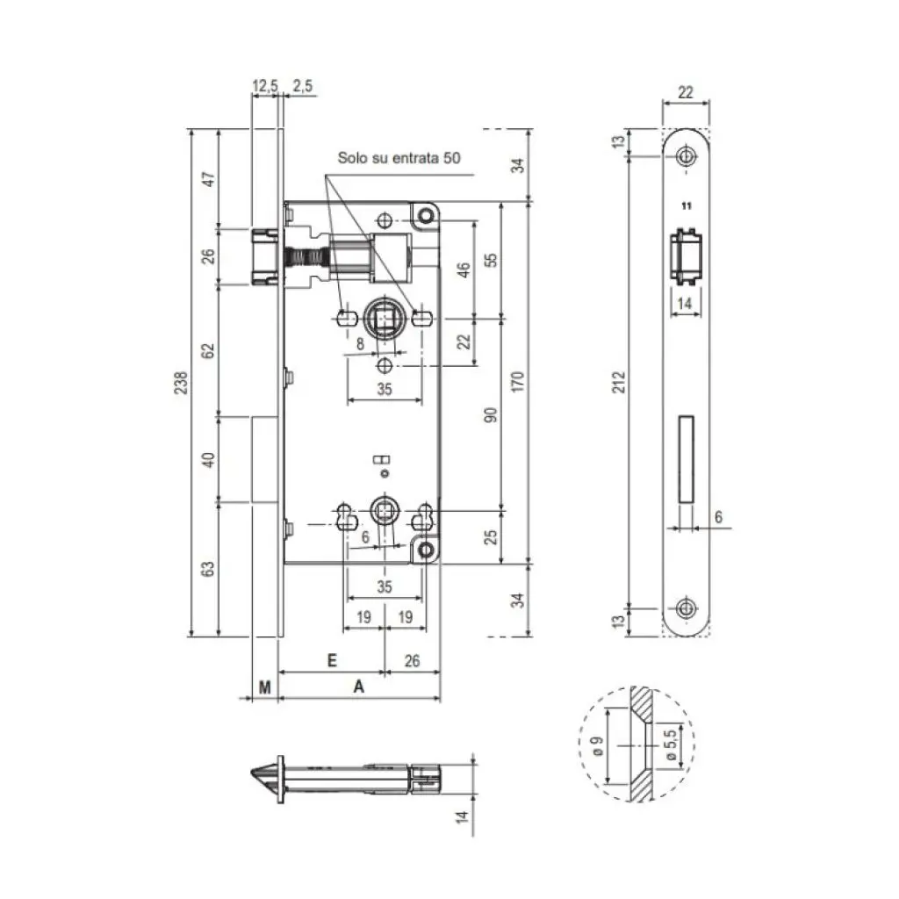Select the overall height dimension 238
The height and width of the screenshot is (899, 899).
(181, 383)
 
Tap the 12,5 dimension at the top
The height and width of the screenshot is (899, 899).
(264, 86)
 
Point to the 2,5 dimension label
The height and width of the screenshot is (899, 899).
(304, 86)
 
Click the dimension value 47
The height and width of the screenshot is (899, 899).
(209, 179)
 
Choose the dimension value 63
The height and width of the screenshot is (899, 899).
(209, 569)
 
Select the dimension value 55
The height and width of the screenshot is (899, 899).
(491, 260)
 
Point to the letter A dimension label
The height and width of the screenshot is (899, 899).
(358, 687)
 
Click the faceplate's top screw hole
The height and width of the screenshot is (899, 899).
(685, 156)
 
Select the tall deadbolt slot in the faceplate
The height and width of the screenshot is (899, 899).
(685, 459)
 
